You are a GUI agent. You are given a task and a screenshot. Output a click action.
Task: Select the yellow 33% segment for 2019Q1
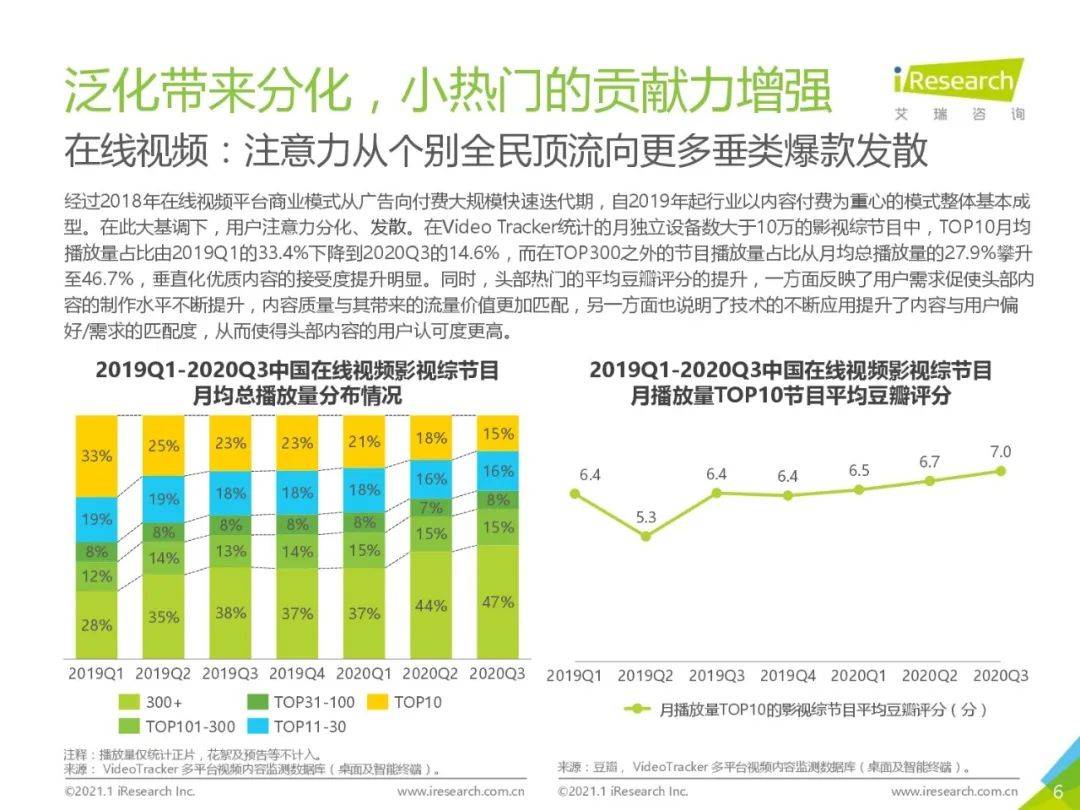tap(96, 456)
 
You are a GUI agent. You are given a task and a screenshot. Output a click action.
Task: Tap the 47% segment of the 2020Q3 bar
tap(498, 601)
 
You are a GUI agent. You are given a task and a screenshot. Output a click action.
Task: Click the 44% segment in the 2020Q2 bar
tap(431, 604)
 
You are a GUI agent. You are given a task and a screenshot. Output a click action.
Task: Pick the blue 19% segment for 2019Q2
tap(163, 499)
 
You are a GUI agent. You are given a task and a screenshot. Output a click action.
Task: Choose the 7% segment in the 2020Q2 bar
tap(431, 508)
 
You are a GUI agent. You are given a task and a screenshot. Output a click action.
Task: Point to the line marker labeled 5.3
tap(645, 536)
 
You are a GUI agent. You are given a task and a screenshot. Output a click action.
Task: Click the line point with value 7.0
tap(1001, 471)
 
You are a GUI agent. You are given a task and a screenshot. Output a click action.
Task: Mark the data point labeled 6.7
tap(930, 481)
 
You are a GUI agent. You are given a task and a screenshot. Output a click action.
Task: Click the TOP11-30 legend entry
tap(296, 726)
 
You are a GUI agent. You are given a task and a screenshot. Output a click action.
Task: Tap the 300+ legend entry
tap(151, 703)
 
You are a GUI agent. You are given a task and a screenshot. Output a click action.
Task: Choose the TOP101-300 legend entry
tap(177, 726)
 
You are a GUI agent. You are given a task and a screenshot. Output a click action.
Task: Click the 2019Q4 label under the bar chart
tap(297, 674)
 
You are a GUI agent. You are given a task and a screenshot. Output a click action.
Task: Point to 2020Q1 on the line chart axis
tap(858, 676)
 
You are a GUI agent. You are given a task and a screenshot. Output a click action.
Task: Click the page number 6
tap(1058, 791)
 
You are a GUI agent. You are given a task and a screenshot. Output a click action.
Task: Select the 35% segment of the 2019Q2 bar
tap(163, 616)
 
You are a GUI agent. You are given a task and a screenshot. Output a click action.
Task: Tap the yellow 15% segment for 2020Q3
tap(498, 433)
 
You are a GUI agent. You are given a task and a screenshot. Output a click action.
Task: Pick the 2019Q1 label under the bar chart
tap(96, 674)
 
